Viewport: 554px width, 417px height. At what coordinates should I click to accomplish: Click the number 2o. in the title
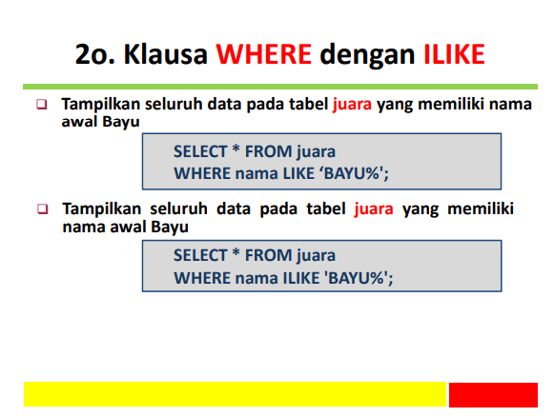click(95, 54)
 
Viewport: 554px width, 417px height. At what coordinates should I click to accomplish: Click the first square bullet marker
click(41, 104)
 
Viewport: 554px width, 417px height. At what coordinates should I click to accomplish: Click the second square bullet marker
click(41, 208)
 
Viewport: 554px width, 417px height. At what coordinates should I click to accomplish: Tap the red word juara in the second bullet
click(374, 208)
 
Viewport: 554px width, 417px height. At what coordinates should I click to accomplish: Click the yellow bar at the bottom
click(235, 394)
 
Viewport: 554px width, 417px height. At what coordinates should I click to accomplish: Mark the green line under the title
click(277, 85)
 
